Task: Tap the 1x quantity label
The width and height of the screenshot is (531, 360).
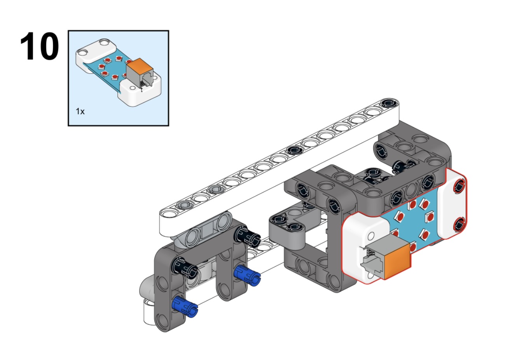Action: point(80,111)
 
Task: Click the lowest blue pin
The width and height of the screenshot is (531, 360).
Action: point(185,307)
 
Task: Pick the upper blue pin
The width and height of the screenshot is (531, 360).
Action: point(247,276)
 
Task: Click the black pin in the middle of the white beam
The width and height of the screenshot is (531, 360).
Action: point(295,150)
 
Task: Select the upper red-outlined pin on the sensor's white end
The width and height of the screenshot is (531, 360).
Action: point(459,185)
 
